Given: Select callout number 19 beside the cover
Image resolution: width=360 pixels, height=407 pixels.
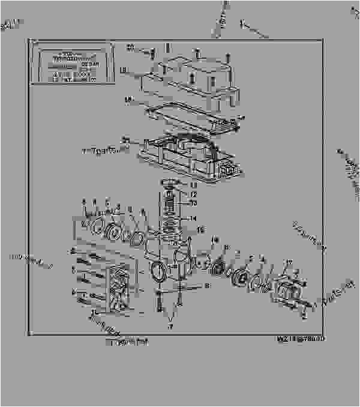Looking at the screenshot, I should point(122,71).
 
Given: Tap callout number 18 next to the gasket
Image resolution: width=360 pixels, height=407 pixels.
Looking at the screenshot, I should point(127,99).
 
